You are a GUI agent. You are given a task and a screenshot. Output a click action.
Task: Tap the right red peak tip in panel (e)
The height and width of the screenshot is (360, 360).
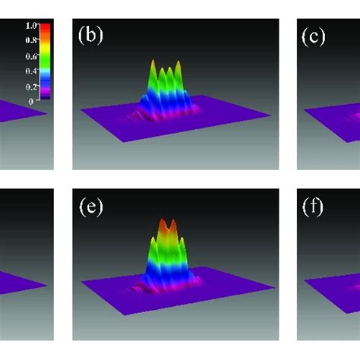172,222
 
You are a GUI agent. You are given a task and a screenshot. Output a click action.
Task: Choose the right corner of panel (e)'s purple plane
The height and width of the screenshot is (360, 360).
273,286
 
